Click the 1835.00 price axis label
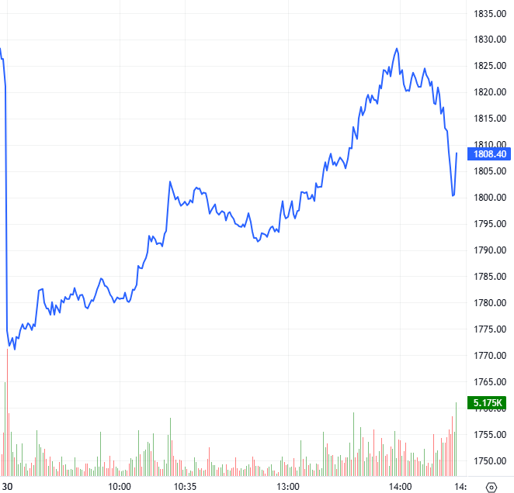point(490,13)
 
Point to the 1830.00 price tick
point(490,40)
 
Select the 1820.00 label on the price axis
point(490,92)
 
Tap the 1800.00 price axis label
point(490,198)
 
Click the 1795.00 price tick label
point(490,224)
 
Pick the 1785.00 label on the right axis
point(490,277)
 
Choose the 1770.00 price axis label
point(490,356)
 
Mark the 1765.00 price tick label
point(490,382)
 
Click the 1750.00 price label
point(490,461)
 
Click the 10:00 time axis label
point(119,486)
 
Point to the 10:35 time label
point(184,486)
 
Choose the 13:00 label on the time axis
point(288,486)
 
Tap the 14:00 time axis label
point(400,486)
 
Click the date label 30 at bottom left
point(8,486)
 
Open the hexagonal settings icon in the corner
point(491,486)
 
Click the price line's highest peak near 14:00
point(397,48)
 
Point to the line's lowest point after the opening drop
point(15,349)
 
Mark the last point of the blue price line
point(457,153)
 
